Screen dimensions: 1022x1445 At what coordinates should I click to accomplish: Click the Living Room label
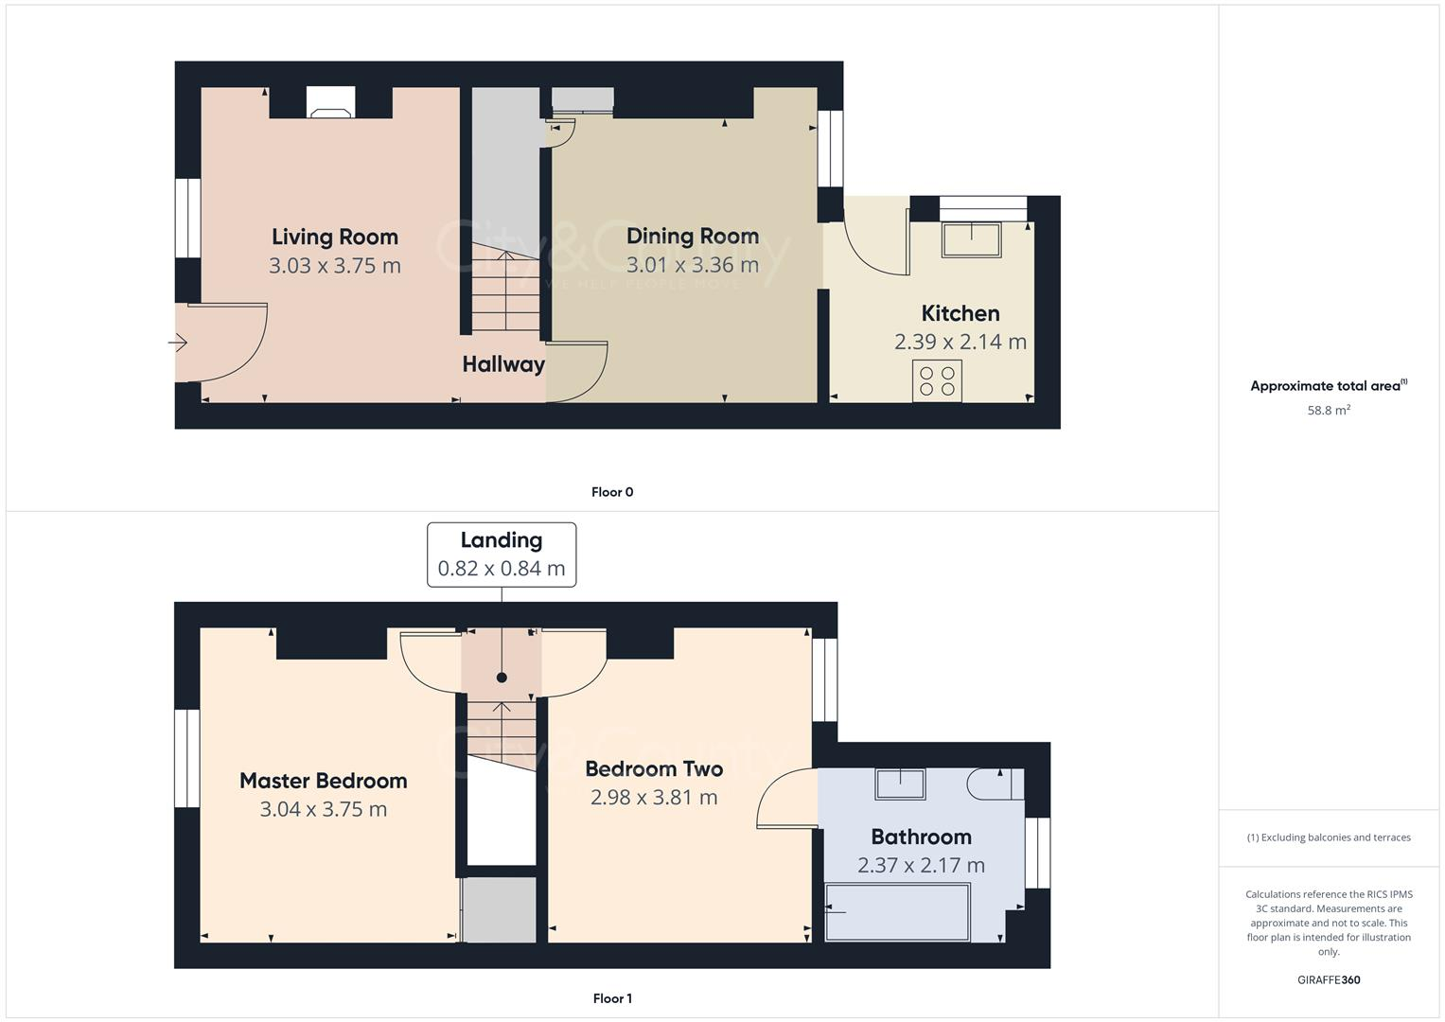(x=334, y=237)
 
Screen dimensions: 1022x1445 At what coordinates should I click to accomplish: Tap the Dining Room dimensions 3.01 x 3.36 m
(x=692, y=265)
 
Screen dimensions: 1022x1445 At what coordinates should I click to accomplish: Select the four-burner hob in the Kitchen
(x=937, y=380)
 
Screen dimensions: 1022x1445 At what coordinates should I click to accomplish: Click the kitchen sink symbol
(x=971, y=239)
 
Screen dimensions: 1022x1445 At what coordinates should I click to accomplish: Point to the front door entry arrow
(x=177, y=344)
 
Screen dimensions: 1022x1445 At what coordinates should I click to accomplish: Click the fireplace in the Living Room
(x=330, y=103)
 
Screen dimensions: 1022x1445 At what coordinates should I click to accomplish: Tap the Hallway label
(x=502, y=364)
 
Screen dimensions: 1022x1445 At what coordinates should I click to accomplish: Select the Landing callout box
(x=501, y=555)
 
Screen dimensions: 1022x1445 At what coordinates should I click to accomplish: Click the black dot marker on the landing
(x=502, y=678)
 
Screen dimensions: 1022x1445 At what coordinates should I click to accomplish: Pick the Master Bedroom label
(x=323, y=781)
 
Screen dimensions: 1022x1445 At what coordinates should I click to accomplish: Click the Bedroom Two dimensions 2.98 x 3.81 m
(x=653, y=798)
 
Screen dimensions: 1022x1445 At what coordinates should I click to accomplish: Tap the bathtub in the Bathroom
(x=897, y=912)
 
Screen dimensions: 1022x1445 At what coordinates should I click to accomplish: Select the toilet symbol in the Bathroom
(x=995, y=784)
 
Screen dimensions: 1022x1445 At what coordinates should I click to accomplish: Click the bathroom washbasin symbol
(x=900, y=784)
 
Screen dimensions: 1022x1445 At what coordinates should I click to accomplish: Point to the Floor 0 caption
(x=611, y=492)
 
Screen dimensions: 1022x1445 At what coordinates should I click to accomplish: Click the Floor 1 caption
(x=611, y=998)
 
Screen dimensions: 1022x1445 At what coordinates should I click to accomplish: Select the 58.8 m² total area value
(x=1328, y=411)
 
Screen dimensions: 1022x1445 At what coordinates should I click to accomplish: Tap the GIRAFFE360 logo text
(x=1328, y=980)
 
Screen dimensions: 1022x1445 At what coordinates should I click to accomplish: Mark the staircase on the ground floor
(x=505, y=289)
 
